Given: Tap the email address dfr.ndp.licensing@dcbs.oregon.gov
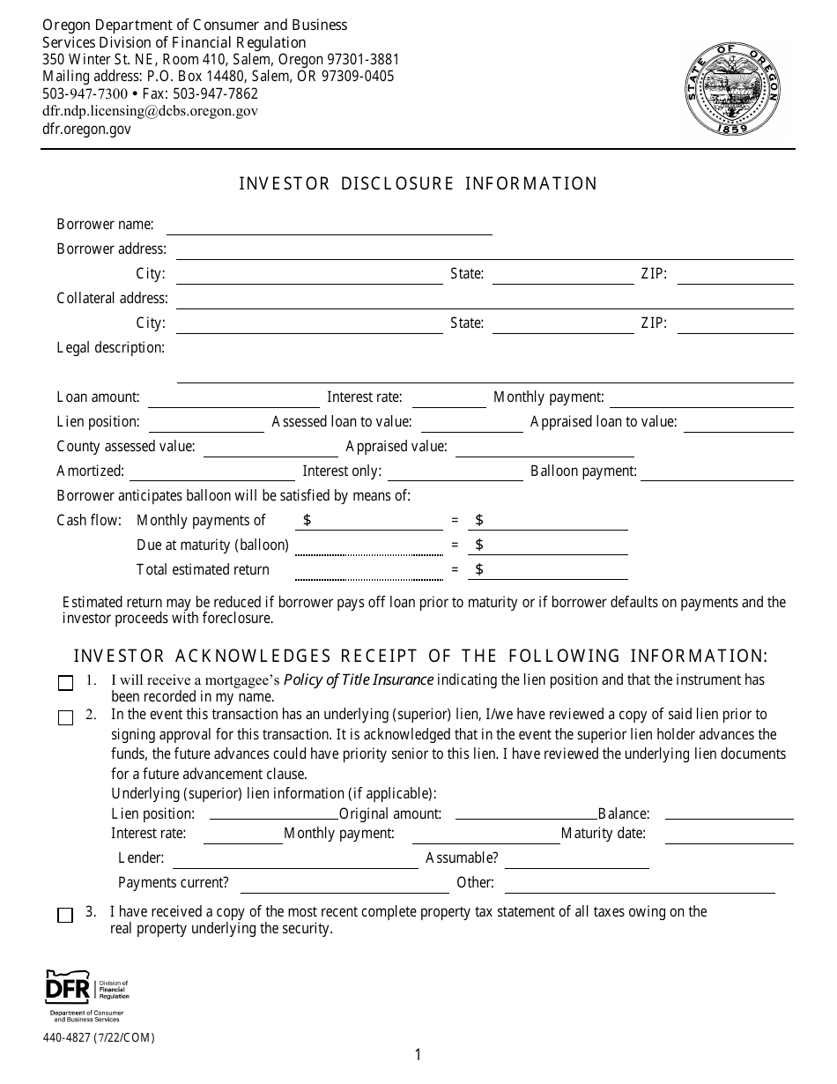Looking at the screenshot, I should pos(150,111).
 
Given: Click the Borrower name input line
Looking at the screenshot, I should pos(329,226).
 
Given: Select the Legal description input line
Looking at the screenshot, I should pos(485,374).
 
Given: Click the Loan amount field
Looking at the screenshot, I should pos(233,399).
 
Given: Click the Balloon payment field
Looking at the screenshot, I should pos(716,473).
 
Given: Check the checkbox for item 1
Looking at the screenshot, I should pos(65,683).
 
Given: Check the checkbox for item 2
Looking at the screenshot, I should pos(65,717).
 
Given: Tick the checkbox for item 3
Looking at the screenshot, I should pos(65,915).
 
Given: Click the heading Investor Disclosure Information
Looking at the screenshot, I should pos(418,183).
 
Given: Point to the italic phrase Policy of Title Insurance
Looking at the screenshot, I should pos(359,679).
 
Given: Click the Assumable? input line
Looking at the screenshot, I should pos(576,860).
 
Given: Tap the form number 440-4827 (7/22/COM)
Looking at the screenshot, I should pos(99,1037).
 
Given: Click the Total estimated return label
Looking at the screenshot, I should pos(203,569).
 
